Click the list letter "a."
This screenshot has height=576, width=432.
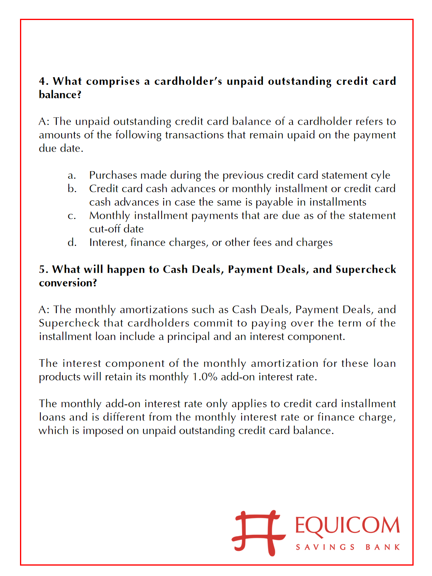(72, 176)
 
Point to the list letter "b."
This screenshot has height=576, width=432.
(72, 189)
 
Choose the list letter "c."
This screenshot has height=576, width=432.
(72, 216)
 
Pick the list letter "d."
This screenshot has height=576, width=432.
(72, 243)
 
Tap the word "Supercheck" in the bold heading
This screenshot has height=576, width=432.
(366, 270)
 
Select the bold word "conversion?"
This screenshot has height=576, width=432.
(68, 283)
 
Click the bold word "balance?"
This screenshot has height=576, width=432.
(60, 95)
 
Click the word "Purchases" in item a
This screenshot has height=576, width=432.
(113, 176)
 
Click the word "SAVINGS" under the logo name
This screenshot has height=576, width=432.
(325, 547)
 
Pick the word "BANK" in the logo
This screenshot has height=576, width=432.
(382, 547)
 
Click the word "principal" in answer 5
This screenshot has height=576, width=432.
(188, 337)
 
